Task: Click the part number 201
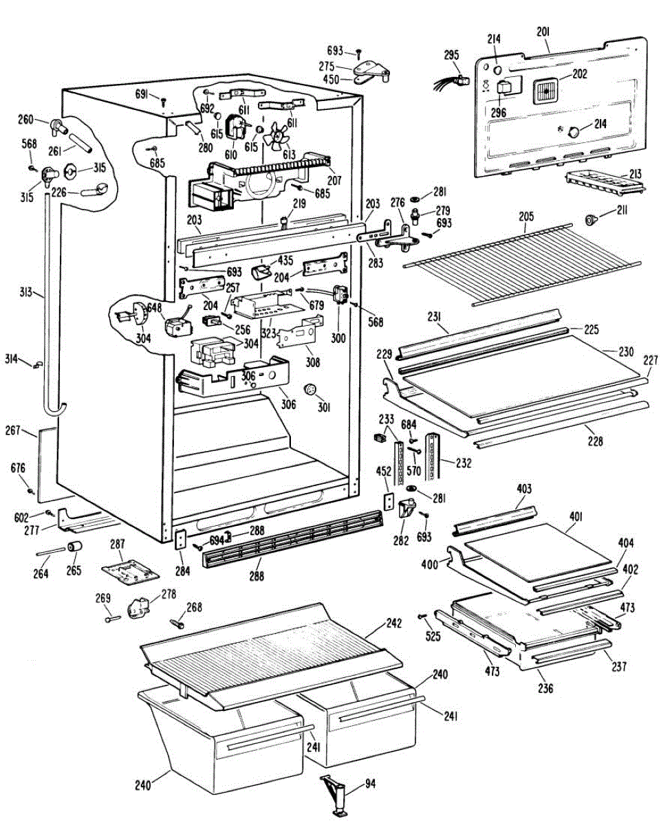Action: point(543,32)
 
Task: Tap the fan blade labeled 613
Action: point(276,136)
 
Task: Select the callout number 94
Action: point(371,784)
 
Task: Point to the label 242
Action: point(394,623)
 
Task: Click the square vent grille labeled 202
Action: point(545,91)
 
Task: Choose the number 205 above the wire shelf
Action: point(526,216)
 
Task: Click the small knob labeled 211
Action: point(591,220)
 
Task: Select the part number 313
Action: point(26,291)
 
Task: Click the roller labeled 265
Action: point(74,547)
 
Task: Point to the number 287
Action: point(118,544)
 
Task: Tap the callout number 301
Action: point(324,407)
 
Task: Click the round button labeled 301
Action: point(311,389)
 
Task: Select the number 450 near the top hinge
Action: point(331,79)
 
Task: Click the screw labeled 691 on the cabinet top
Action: point(163,102)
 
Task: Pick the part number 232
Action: point(464,463)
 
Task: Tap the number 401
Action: point(576,516)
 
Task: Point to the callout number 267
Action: point(13,430)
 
